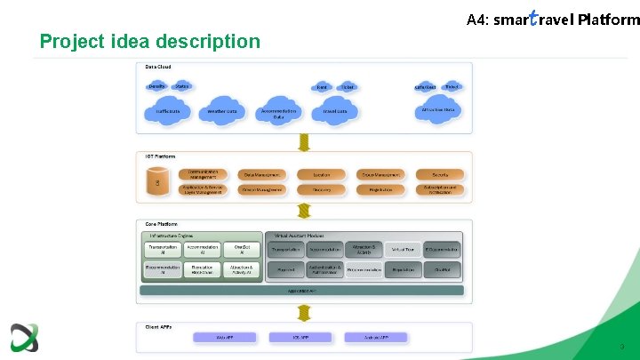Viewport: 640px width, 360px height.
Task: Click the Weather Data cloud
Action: pos(222,111)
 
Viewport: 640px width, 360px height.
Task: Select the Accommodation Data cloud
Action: pos(278,113)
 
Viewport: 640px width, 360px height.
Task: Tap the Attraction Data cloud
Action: pos(437,110)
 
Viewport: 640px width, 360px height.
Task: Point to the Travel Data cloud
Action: pos(335,111)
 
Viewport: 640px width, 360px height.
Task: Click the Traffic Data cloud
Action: pos(168,111)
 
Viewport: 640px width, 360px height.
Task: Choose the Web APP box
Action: pos(225,338)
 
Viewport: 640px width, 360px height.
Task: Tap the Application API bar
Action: pos(302,291)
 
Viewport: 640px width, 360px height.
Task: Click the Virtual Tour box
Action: pos(404,250)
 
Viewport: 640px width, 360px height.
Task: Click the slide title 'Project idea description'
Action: pos(150,41)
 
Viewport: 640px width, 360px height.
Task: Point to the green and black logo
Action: pos(24,338)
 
